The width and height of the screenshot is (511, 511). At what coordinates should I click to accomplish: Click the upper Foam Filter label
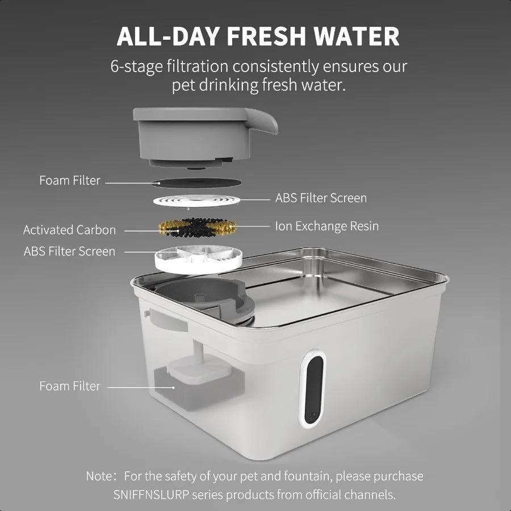click(x=69, y=181)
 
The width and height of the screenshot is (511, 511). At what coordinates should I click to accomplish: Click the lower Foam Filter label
click(x=69, y=386)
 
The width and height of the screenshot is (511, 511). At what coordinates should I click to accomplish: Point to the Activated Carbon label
click(x=69, y=230)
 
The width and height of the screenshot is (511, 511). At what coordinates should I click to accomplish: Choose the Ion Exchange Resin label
click(x=326, y=226)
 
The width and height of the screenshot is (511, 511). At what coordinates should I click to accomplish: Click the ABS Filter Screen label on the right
click(x=321, y=198)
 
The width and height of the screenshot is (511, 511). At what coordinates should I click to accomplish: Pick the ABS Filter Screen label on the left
click(x=69, y=251)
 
